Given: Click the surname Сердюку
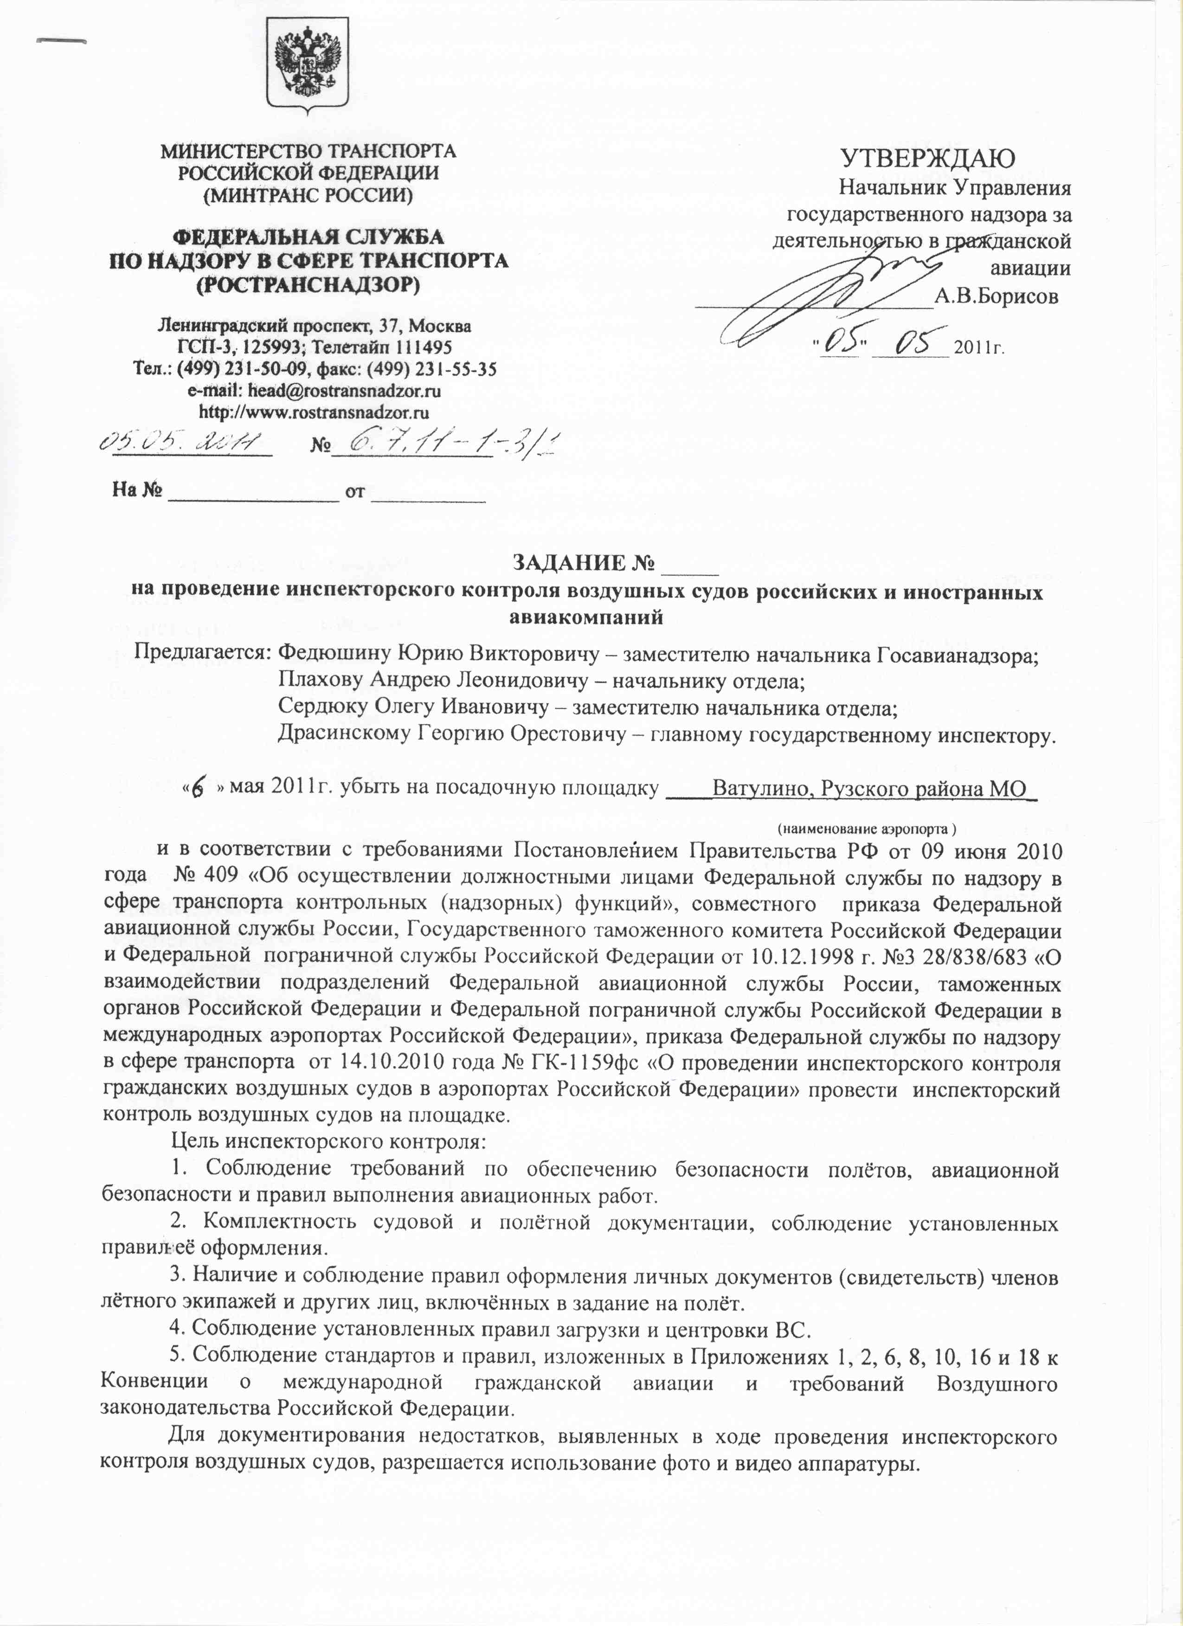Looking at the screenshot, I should [323, 708].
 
